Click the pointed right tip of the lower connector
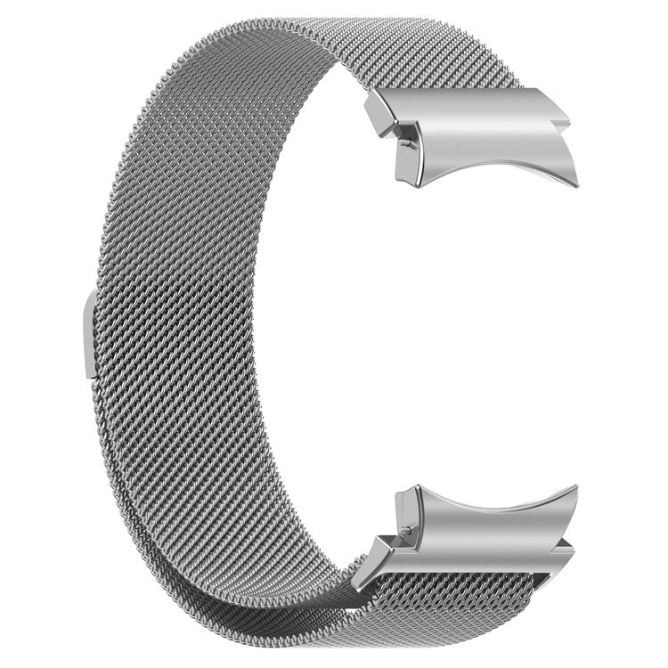[x=576, y=488]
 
